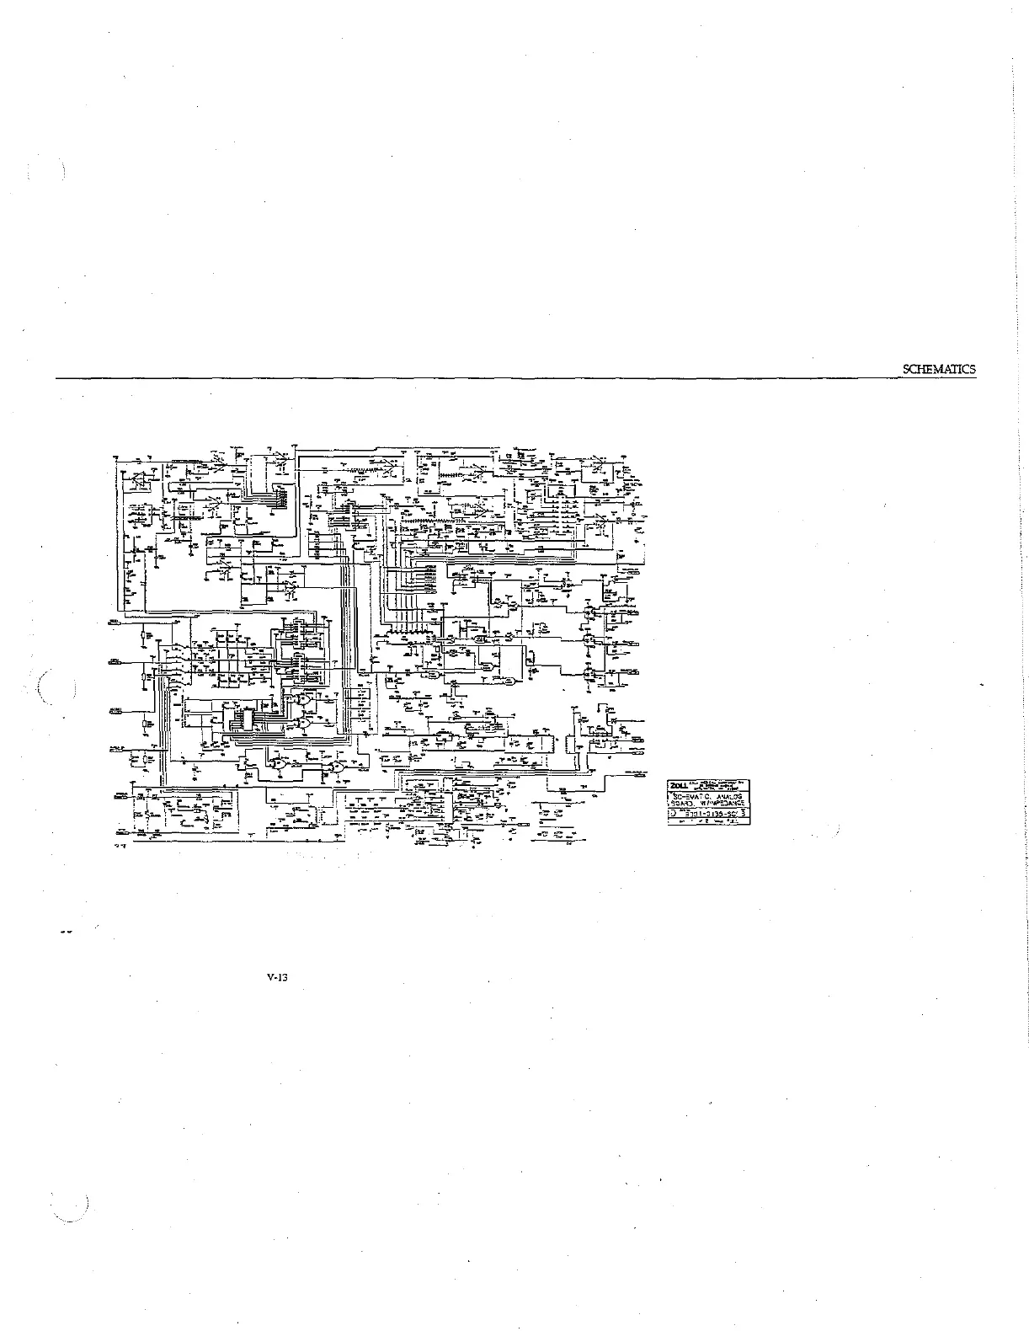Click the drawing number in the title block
click(708, 814)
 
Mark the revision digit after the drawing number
click(745, 814)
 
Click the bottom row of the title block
click(709, 821)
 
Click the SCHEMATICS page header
click(938, 369)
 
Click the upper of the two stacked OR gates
click(300, 698)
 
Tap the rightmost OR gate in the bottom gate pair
click(338, 767)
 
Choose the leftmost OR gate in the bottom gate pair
click(276, 764)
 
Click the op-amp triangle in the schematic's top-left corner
click(132, 477)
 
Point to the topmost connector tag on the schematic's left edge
click(115, 623)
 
